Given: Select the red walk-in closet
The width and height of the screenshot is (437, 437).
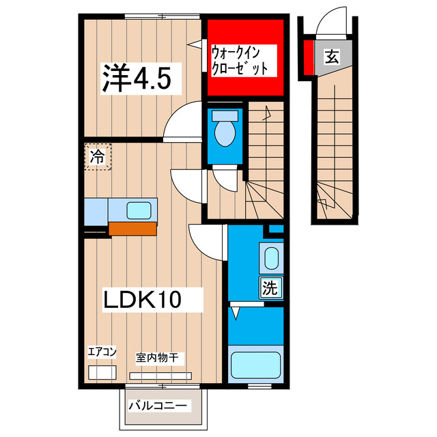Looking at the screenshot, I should (x=246, y=58).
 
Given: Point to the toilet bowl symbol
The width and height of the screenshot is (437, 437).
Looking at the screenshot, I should (x=224, y=131).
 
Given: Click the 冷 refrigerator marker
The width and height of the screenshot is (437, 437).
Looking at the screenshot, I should (x=98, y=156).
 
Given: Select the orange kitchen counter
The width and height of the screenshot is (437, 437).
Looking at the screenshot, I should (x=132, y=229).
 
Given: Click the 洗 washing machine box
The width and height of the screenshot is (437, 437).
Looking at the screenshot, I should (x=270, y=287).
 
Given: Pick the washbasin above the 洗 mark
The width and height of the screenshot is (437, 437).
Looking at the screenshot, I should (x=271, y=259).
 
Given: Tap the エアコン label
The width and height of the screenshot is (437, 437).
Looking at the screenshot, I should (x=102, y=352).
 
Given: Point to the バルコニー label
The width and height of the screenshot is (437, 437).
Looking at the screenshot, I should (x=158, y=406).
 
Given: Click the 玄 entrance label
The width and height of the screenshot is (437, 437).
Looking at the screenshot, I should (x=331, y=57).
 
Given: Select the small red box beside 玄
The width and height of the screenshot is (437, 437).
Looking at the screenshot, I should (x=309, y=57).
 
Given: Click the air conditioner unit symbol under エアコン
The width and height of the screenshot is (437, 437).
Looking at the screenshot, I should (x=102, y=373).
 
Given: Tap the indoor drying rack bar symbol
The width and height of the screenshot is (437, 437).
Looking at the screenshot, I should (x=161, y=375).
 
